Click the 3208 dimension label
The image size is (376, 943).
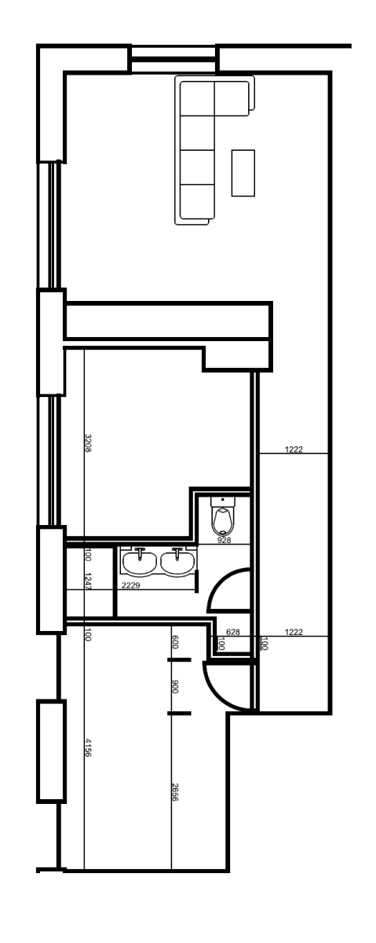click(88, 442)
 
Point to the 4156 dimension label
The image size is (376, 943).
click(88, 747)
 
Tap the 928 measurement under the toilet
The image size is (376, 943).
click(224, 541)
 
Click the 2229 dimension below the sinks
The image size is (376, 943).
click(130, 585)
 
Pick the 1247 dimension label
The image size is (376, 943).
click(88, 581)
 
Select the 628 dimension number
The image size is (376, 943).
click(232, 632)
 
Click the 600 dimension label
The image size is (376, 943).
click(175, 641)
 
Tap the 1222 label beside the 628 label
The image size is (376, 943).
click(294, 632)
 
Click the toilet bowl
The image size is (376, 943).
click(224, 520)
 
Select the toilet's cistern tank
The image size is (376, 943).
click(224, 500)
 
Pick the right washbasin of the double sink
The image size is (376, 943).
click(177, 561)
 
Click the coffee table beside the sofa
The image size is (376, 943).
click(243, 173)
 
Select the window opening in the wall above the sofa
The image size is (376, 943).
click(173, 58)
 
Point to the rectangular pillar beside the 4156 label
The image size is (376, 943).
click(51, 751)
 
